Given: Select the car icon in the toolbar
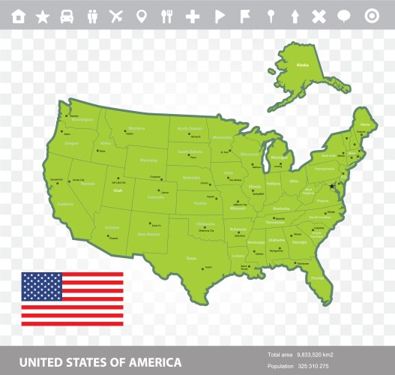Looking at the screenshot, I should tap(67, 16).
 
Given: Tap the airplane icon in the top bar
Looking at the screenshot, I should tap(116, 16).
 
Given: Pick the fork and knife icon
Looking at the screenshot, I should tap(166, 16).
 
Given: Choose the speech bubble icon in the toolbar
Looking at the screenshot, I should tap(344, 16).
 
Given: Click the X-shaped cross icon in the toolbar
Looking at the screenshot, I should tap(319, 16).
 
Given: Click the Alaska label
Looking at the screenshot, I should tap(303, 66).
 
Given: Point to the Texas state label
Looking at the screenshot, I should tap(191, 258).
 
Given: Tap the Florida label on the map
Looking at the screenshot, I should tap(318, 278).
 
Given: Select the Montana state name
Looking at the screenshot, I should tap(136, 128).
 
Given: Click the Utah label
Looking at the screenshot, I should tap(118, 190).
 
